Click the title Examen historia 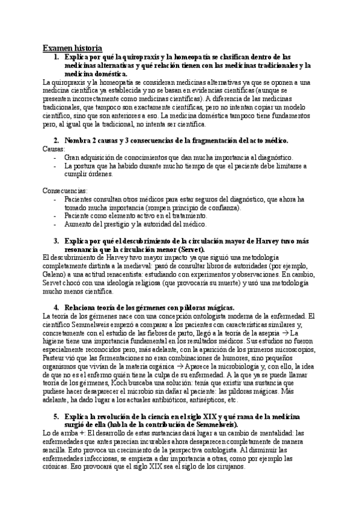pos(72,48)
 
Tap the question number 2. pos(56,140)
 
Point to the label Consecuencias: pos(65,191)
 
